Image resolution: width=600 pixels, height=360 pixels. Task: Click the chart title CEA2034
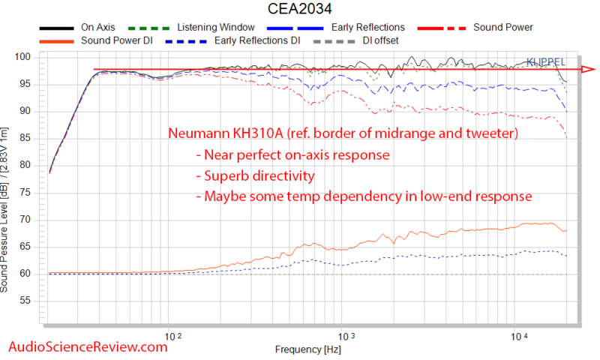pos(299,10)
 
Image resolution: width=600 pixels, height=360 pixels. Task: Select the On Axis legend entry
pos(97,28)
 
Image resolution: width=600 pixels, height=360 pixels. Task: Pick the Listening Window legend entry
pos(207,28)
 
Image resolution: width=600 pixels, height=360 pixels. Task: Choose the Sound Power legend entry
pos(502,28)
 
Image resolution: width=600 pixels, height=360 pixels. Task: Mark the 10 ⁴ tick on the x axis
pos(517,337)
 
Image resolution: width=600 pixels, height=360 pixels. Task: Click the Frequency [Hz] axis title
pos(308,349)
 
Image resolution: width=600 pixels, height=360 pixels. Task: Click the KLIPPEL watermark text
pos(546,61)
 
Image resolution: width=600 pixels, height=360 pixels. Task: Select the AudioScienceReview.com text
pos(86,346)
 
